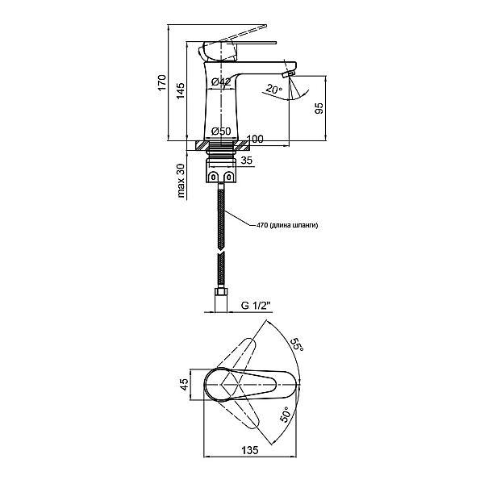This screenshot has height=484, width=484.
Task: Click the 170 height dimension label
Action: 162,82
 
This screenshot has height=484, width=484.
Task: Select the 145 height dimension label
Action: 180,90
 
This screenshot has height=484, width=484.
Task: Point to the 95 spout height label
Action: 319,108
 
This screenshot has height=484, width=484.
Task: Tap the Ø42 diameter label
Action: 221,81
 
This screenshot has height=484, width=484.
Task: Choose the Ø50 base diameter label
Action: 221,131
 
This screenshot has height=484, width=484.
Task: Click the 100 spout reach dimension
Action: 255,140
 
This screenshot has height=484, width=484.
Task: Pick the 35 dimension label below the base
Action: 247,161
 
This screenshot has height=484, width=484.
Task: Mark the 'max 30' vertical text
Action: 181,181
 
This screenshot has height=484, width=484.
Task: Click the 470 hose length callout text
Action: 287,225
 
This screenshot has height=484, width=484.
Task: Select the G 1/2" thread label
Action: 256,306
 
